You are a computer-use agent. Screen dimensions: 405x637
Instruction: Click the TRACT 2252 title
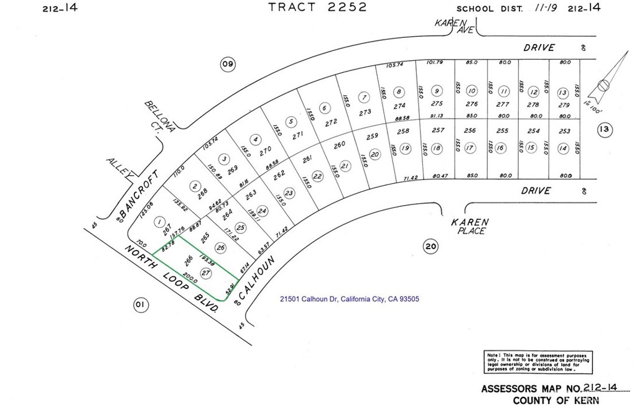pyautogui.click(x=317, y=7)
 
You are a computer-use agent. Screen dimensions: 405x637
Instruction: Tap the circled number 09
pyautogui.click(x=228, y=63)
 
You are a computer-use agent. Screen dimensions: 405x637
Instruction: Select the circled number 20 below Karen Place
pyautogui.click(x=430, y=246)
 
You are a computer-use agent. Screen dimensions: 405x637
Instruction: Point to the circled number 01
pyautogui.click(x=140, y=304)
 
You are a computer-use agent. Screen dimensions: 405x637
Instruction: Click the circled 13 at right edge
pyautogui.click(x=604, y=130)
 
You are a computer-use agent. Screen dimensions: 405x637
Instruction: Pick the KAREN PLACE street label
pyautogui.click(x=470, y=226)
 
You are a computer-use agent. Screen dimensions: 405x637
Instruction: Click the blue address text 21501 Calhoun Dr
pyautogui.click(x=349, y=299)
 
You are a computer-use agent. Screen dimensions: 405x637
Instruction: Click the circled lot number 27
pyautogui.click(x=205, y=271)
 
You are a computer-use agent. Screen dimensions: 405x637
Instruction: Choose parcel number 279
pyautogui.click(x=564, y=104)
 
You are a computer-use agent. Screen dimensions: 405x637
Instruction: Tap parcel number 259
pyautogui.click(x=372, y=137)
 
